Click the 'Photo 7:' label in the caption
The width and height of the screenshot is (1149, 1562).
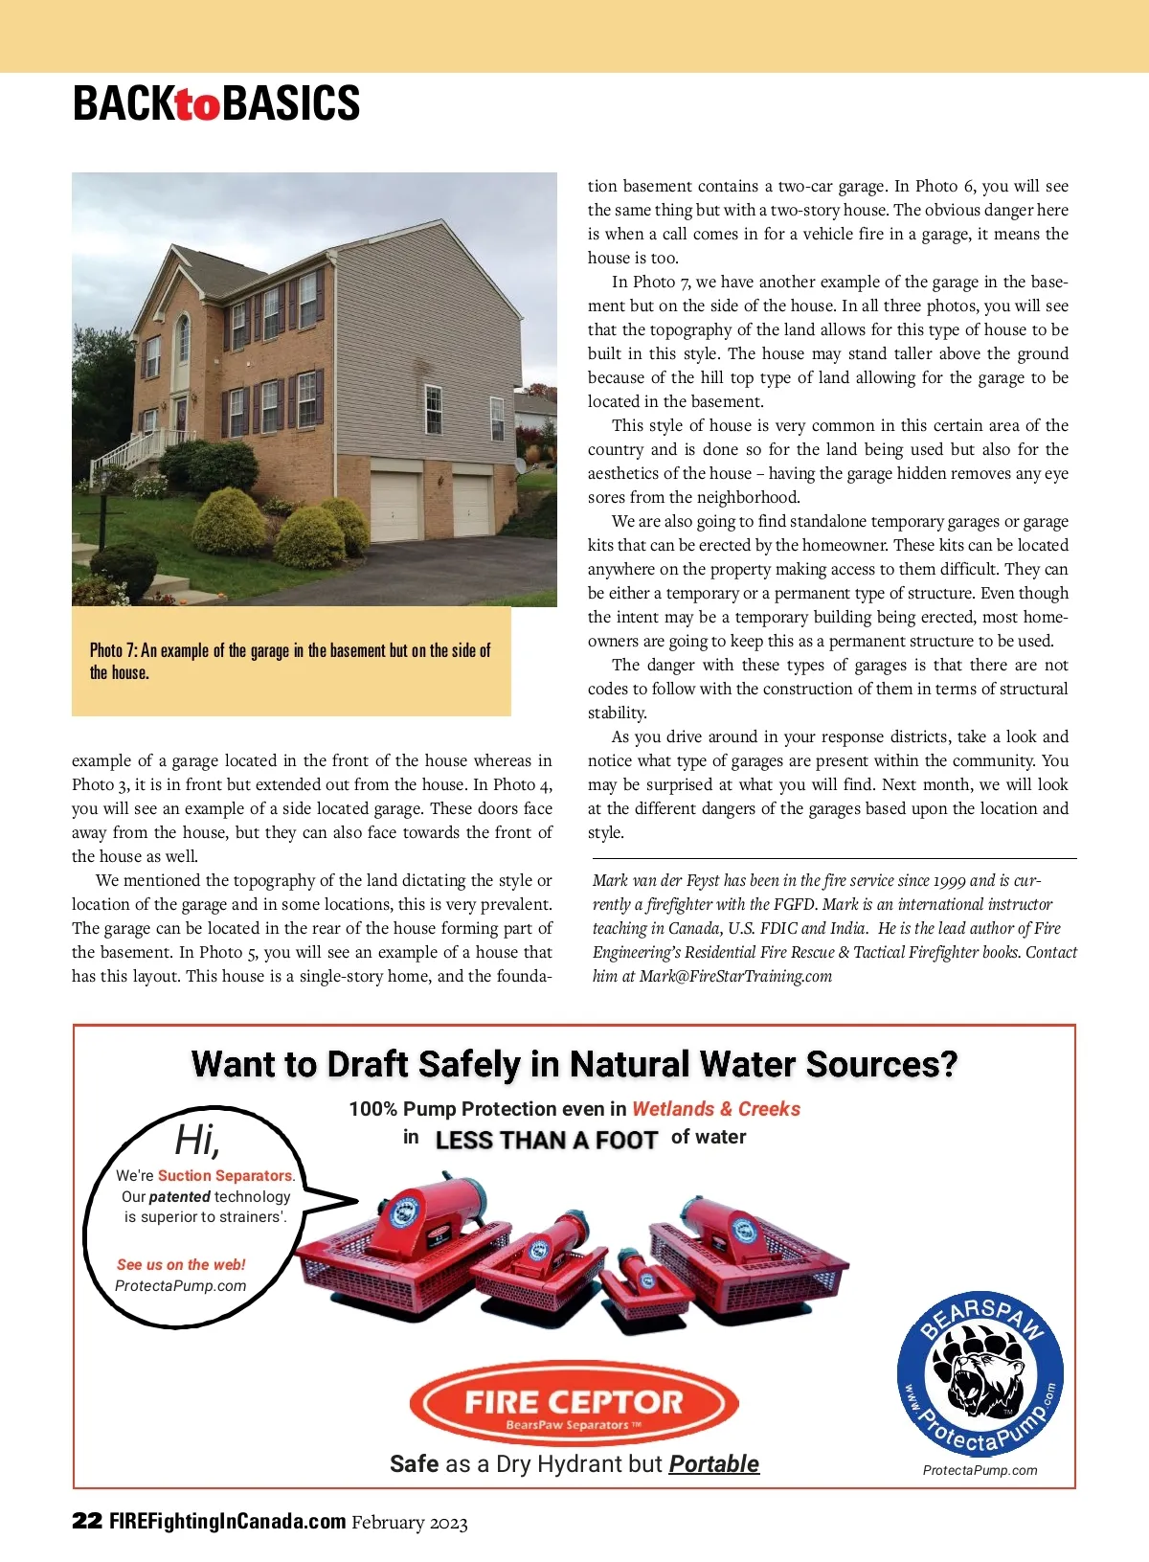113,650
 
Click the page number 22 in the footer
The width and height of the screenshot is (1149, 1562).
87,1521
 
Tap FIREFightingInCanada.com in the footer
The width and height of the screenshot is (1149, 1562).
228,1521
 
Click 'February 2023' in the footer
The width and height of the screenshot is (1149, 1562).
410,1522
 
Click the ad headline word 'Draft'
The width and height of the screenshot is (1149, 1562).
366,1064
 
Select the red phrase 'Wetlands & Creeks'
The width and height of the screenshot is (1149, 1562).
716,1108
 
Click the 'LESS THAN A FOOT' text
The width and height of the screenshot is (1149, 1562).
546,1140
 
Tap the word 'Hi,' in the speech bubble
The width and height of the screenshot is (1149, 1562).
198,1140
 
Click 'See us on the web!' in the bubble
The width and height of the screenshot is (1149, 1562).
181,1264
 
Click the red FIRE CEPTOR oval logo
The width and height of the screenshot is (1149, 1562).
574,1404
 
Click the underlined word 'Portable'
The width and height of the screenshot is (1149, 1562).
713,1463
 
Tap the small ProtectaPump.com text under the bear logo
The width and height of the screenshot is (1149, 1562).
980,1470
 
